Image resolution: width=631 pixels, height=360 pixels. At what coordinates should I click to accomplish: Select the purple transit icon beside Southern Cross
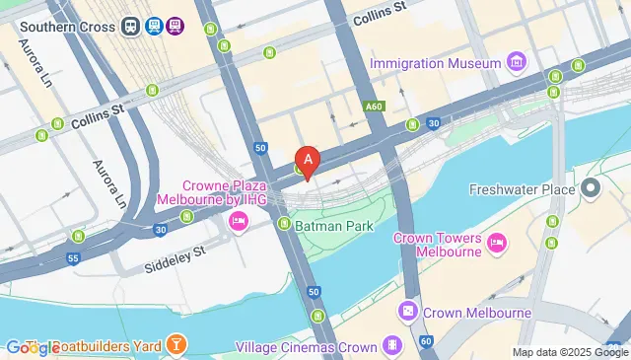pyautogui.click(x=175, y=27)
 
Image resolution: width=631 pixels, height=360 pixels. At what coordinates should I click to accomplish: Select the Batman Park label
pyautogui.click(x=333, y=226)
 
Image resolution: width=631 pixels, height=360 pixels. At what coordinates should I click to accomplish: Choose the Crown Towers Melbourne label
pyautogui.click(x=437, y=245)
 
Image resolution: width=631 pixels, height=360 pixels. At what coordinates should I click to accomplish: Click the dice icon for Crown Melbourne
pyautogui.click(x=405, y=313)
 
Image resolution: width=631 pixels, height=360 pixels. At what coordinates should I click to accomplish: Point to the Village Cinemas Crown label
pyautogui.click(x=307, y=347)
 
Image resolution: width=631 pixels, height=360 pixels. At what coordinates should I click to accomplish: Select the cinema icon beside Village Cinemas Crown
pyautogui.click(x=392, y=346)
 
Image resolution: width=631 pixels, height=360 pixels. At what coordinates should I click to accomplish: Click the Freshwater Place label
pyautogui.click(x=522, y=189)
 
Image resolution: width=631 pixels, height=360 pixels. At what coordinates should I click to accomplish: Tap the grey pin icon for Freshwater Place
pyautogui.click(x=592, y=186)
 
